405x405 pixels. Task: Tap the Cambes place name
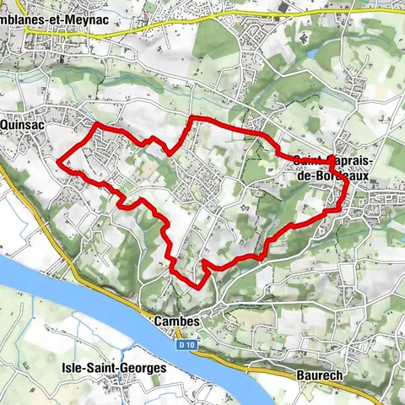177,321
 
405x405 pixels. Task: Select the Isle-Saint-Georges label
114,368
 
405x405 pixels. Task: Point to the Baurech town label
320,374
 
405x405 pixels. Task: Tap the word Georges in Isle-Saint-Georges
143,368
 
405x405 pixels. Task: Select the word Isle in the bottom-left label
73,368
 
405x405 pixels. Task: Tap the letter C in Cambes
159,321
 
